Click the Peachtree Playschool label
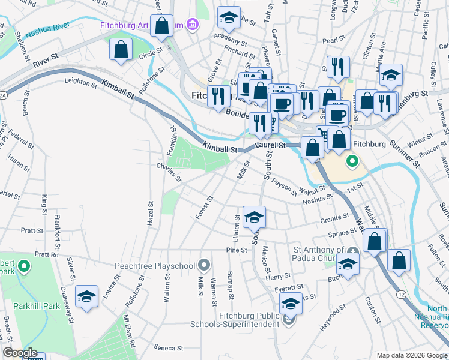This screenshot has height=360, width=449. (155, 265)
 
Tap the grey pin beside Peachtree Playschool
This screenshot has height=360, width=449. (205, 264)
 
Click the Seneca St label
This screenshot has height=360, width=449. (168, 348)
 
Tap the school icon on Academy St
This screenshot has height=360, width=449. (229, 19)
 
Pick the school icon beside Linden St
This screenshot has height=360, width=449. (254, 217)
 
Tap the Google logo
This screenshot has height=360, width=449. (20, 353)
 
